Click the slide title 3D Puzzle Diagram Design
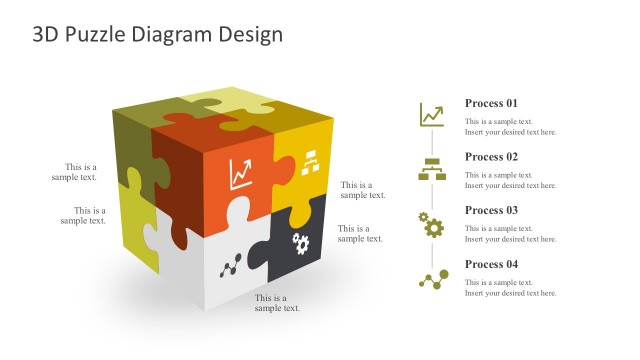point(158,34)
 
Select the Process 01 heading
point(491,103)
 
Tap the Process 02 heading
point(491,157)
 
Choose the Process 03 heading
point(491,210)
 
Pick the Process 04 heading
point(491,264)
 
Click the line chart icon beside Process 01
point(432,115)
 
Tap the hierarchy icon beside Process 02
point(432,169)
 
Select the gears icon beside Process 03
point(432,225)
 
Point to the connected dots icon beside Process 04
point(432,280)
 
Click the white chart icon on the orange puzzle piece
point(241,174)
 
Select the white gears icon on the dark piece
point(300,241)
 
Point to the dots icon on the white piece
point(232,264)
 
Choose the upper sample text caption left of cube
point(75,172)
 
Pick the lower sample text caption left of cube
point(83,216)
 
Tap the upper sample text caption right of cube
point(363,190)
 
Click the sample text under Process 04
point(510,288)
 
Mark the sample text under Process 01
point(510,127)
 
